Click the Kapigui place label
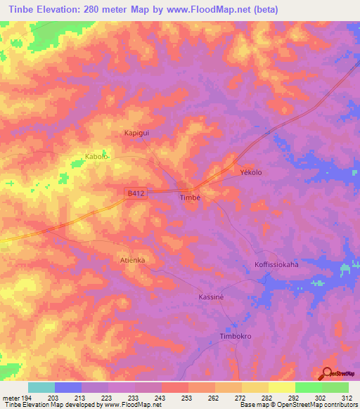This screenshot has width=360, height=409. (139, 132)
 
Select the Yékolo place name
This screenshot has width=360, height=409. (251, 172)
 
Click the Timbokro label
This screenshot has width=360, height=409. (236, 336)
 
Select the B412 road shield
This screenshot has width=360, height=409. (136, 193)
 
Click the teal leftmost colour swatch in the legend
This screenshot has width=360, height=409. (41, 387)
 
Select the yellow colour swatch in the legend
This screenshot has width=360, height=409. (281, 387)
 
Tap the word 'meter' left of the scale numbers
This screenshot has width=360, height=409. (11, 398)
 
